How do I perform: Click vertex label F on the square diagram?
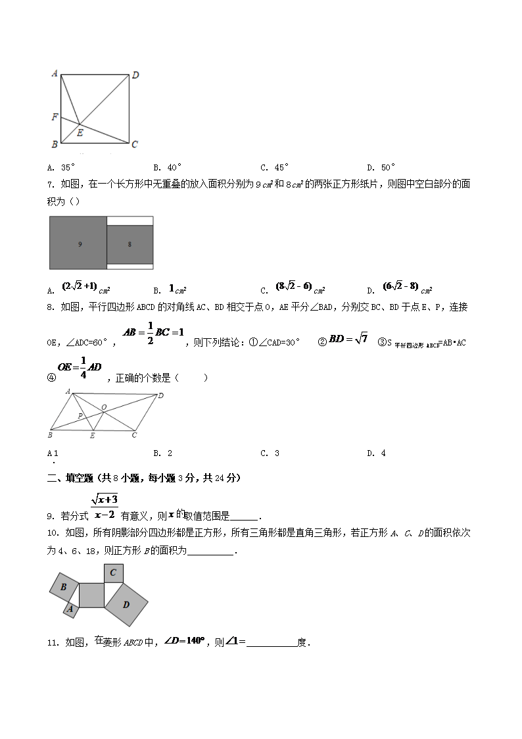click(x=55, y=117)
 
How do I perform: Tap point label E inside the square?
click(x=80, y=132)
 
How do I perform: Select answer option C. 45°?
click(x=275, y=167)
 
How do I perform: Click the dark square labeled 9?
click(x=78, y=243)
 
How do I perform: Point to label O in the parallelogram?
click(x=104, y=408)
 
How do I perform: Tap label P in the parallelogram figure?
click(x=80, y=416)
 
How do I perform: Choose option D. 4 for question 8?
click(x=376, y=453)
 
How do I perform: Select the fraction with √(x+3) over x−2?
click(x=104, y=506)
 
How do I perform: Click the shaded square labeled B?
click(x=64, y=587)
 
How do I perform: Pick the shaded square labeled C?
click(x=113, y=573)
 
